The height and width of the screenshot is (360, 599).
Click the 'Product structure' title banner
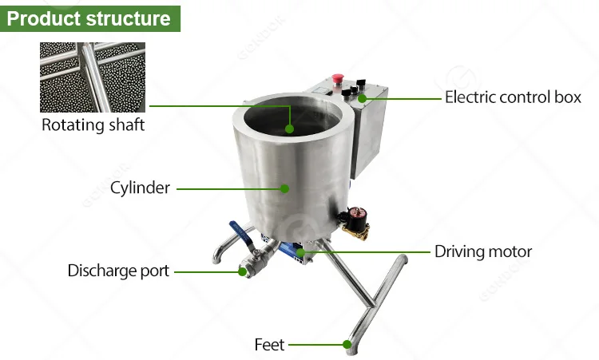(x=89, y=18)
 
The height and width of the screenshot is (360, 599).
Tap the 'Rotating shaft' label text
(x=93, y=125)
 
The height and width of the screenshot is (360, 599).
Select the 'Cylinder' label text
(x=141, y=188)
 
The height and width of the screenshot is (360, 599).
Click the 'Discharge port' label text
(x=118, y=271)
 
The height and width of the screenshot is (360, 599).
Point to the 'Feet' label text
(x=269, y=345)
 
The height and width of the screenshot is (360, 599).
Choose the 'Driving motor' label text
(x=483, y=251)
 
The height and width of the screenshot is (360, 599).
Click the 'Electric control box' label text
(x=513, y=97)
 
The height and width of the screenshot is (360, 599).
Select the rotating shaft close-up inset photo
(x=93, y=77)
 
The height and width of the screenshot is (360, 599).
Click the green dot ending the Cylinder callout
(x=284, y=188)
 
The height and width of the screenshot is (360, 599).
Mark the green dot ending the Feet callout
(x=347, y=345)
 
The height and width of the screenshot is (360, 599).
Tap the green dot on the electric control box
(x=362, y=98)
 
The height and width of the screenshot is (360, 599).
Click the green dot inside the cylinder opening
(x=289, y=127)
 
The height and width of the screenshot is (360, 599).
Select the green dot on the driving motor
(x=300, y=252)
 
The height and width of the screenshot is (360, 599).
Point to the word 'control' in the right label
(x=518, y=97)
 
